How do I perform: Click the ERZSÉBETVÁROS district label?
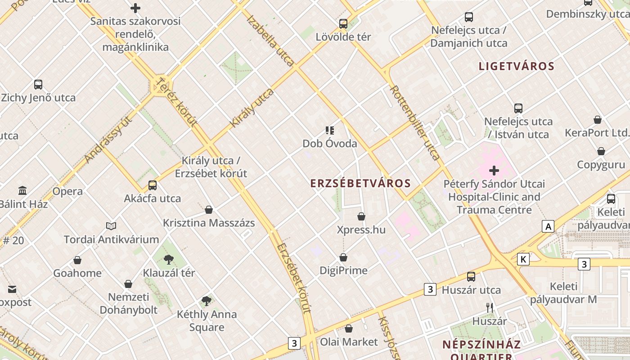click(x=360, y=183)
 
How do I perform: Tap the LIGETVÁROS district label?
click(x=516, y=66)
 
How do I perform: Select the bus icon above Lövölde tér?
click(x=343, y=23)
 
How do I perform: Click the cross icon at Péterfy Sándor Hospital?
click(x=494, y=171)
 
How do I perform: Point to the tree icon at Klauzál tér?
click(x=169, y=259)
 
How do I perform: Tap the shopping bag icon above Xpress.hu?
click(x=361, y=216)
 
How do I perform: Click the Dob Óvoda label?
click(x=329, y=144)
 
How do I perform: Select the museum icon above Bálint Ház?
click(x=22, y=190)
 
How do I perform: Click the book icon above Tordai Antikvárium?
click(x=111, y=226)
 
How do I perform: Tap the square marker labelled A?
click(x=548, y=226)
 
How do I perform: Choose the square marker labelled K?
click(x=523, y=259)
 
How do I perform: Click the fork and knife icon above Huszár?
click(x=490, y=308)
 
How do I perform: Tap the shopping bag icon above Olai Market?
click(x=349, y=328)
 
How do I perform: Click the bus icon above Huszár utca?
click(x=471, y=276)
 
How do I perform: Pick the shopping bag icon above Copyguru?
click(x=601, y=151)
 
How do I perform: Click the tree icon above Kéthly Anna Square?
click(x=207, y=301)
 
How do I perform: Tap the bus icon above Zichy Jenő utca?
click(x=38, y=84)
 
